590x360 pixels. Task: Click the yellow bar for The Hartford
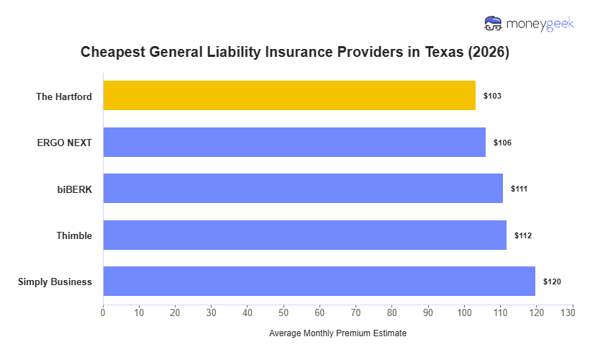pyautogui.click(x=289, y=96)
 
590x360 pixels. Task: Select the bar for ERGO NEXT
pyautogui.click(x=294, y=142)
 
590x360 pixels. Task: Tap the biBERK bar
pyautogui.click(x=303, y=189)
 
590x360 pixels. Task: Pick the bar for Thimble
pyautogui.click(x=305, y=235)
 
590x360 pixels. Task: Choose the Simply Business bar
pyautogui.click(x=319, y=282)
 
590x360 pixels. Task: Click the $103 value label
pyautogui.click(x=492, y=96)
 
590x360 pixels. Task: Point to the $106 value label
pyautogui.click(x=502, y=143)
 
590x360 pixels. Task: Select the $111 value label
pyautogui.click(x=519, y=189)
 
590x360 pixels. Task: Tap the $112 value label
pyautogui.click(x=523, y=235)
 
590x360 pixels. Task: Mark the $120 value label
pyautogui.click(x=552, y=282)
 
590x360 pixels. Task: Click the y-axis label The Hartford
pyautogui.click(x=64, y=96)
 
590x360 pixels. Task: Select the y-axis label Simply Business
pyautogui.click(x=55, y=282)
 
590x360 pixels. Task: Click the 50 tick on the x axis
pyautogui.click(x=283, y=313)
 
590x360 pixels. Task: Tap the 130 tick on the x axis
pyautogui.click(x=572, y=313)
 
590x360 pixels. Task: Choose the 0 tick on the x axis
pyautogui.click(x=103, y=313)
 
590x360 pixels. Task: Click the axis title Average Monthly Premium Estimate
pyautogui.click(x=337, y=334)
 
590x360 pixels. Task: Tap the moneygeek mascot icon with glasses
pyautogui.click(x=494, y=24)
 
